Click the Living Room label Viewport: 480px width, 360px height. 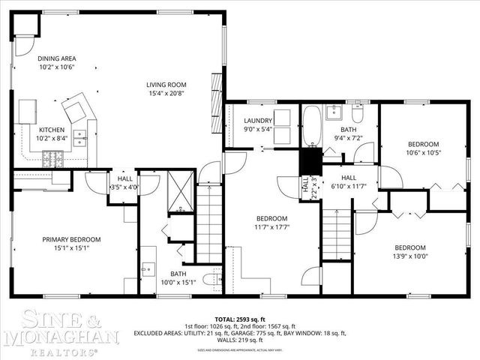pyautogui.click(x=166, y=85)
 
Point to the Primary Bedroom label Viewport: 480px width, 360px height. pyautogui.click(x=71, y=239)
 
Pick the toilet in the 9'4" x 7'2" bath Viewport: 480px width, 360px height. pyautogui.click(x=357, y=115)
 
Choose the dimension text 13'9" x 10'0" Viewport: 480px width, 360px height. pyautogui.click(x=410, y=256)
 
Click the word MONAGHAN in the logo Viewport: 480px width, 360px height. pyautogui.click(x=60, y=337)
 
